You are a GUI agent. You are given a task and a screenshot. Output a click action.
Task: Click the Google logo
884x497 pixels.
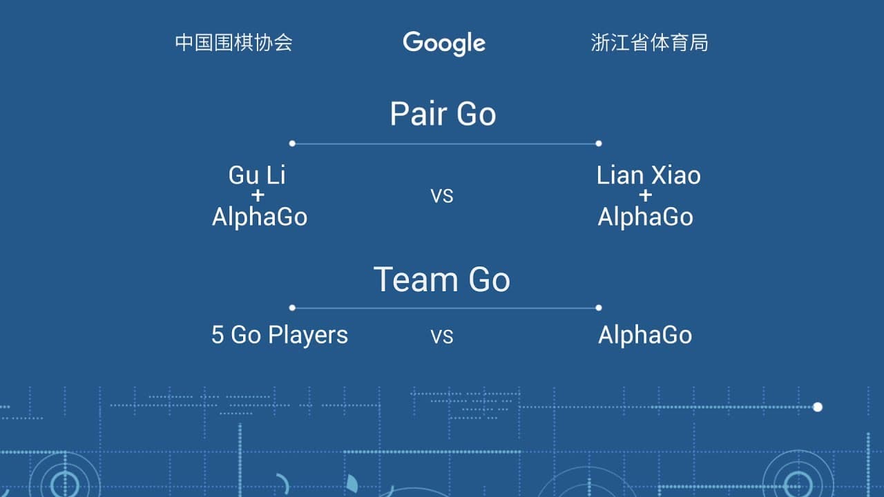444,43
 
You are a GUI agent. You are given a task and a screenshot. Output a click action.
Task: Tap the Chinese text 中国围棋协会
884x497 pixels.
233,43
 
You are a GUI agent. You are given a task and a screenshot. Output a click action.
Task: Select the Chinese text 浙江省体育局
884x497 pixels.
650,43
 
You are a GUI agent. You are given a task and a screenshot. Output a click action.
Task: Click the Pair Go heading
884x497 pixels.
443,114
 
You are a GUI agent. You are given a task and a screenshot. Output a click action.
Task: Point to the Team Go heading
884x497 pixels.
442,280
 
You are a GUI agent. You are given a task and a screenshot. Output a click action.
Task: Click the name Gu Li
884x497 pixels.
257,175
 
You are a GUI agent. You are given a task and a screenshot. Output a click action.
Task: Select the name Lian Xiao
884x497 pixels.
648,175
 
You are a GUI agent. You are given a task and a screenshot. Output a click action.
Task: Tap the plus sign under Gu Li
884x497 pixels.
258,195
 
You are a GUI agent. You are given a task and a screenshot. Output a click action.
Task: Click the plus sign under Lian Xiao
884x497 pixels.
646,195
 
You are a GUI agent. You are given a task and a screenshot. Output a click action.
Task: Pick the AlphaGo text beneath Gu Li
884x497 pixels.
260,217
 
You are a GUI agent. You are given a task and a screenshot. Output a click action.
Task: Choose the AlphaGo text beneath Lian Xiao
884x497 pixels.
645,217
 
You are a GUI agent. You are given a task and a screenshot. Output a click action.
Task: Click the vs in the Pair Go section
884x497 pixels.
442,196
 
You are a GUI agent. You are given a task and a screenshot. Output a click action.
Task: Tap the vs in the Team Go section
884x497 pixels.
442,336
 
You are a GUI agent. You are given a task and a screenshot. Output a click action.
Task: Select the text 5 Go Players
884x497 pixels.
280,335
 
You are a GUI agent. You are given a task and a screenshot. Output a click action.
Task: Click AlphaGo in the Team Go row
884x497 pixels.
645,335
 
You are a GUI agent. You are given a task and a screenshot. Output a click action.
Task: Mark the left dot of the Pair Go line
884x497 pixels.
292,144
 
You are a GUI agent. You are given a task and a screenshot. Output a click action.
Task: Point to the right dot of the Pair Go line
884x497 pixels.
599,144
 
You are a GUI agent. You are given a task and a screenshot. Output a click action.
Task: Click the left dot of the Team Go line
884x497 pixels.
292,308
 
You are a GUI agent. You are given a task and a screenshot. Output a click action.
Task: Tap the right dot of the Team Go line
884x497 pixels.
599,308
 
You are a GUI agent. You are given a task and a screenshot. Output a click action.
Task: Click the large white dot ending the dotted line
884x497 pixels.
818,407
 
